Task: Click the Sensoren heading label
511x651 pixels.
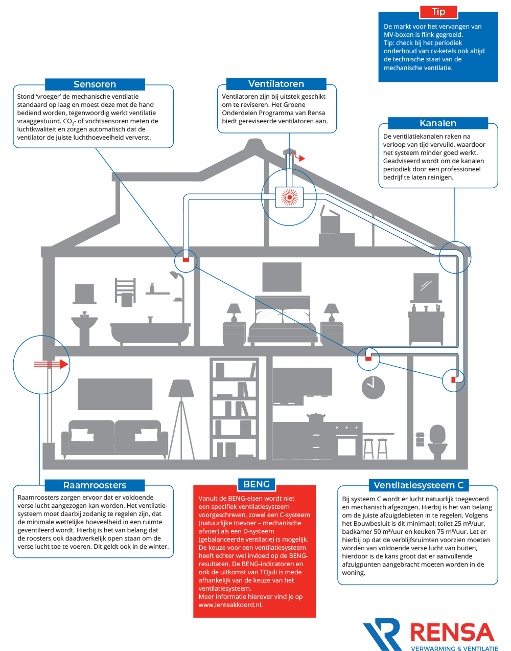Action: (x=95, y=84)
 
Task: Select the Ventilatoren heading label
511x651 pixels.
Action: (x=276, y=84)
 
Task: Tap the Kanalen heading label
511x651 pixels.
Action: (x=438, y=123)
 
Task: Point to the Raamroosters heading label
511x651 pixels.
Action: (x=95, y=485)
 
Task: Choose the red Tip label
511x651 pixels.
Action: (x=438, y=12)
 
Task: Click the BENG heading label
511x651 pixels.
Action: (x=257, y=484)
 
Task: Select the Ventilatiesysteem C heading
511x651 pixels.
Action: (x=419, y=485)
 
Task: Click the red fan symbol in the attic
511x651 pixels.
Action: (x=289, y=197)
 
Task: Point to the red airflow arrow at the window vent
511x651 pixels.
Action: (x=51, y=364)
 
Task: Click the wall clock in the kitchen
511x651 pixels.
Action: (x=373, y=387)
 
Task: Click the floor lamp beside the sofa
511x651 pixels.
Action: (x=181, y=419)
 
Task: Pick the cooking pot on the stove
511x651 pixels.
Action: (x=315, y=417)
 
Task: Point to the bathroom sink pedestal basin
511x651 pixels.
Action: (x=84, y=328)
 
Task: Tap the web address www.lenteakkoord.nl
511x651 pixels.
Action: (x=230, y=604)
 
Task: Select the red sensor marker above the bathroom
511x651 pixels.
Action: (x=186, y=260)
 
